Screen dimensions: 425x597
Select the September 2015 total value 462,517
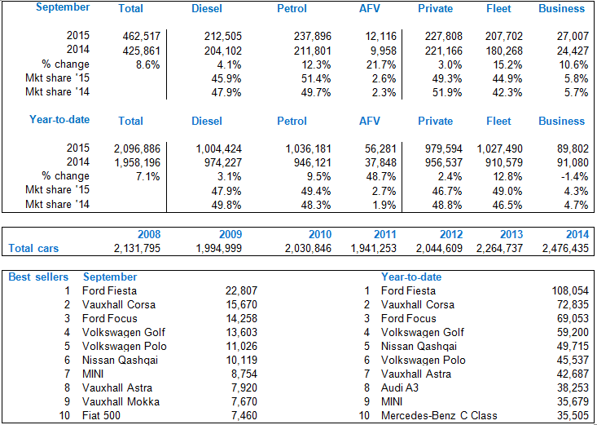(143, 36)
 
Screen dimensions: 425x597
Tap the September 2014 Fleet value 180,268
(501, 50)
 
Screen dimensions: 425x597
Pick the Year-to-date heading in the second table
(59, 120)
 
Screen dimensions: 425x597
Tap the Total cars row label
(33, 248)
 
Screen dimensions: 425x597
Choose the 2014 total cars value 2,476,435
(560, 248)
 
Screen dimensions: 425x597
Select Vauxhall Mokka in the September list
(121, 402)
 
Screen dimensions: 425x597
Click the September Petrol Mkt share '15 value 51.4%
(309, 77)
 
